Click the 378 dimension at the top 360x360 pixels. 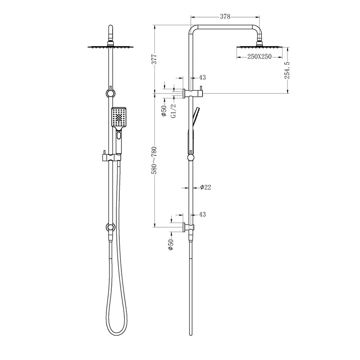pos(226,17)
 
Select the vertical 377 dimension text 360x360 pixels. pos(154,58)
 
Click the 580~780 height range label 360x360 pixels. pos(154,160)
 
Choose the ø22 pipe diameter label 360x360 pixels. pos(205,188)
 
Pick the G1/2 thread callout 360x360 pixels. pos(172,111)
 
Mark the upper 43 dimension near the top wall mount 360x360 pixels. pos(202,77)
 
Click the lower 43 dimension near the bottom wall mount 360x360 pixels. pos(202,214)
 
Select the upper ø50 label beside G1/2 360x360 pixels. pos(164,111)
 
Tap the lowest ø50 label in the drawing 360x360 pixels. pos(170,245)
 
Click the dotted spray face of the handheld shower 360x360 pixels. pos(119,116)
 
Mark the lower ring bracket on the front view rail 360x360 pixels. pos(110,227)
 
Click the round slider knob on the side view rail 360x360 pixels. pos(191,157)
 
